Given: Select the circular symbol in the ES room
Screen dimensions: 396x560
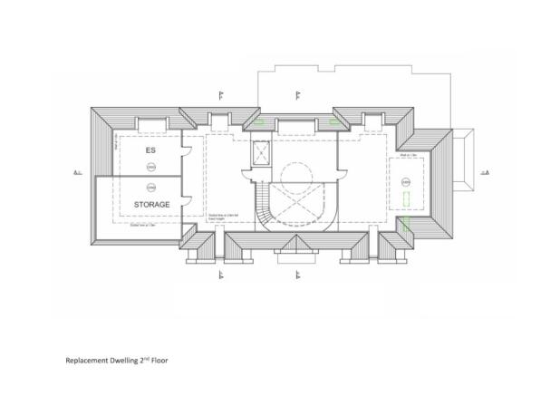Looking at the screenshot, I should pos(151,168).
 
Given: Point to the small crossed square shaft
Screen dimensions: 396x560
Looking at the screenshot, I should pos(261,155).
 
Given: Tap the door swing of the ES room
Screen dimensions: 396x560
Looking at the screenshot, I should pos(187,149).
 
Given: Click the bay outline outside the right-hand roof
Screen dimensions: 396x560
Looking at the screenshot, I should pos(462,159).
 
